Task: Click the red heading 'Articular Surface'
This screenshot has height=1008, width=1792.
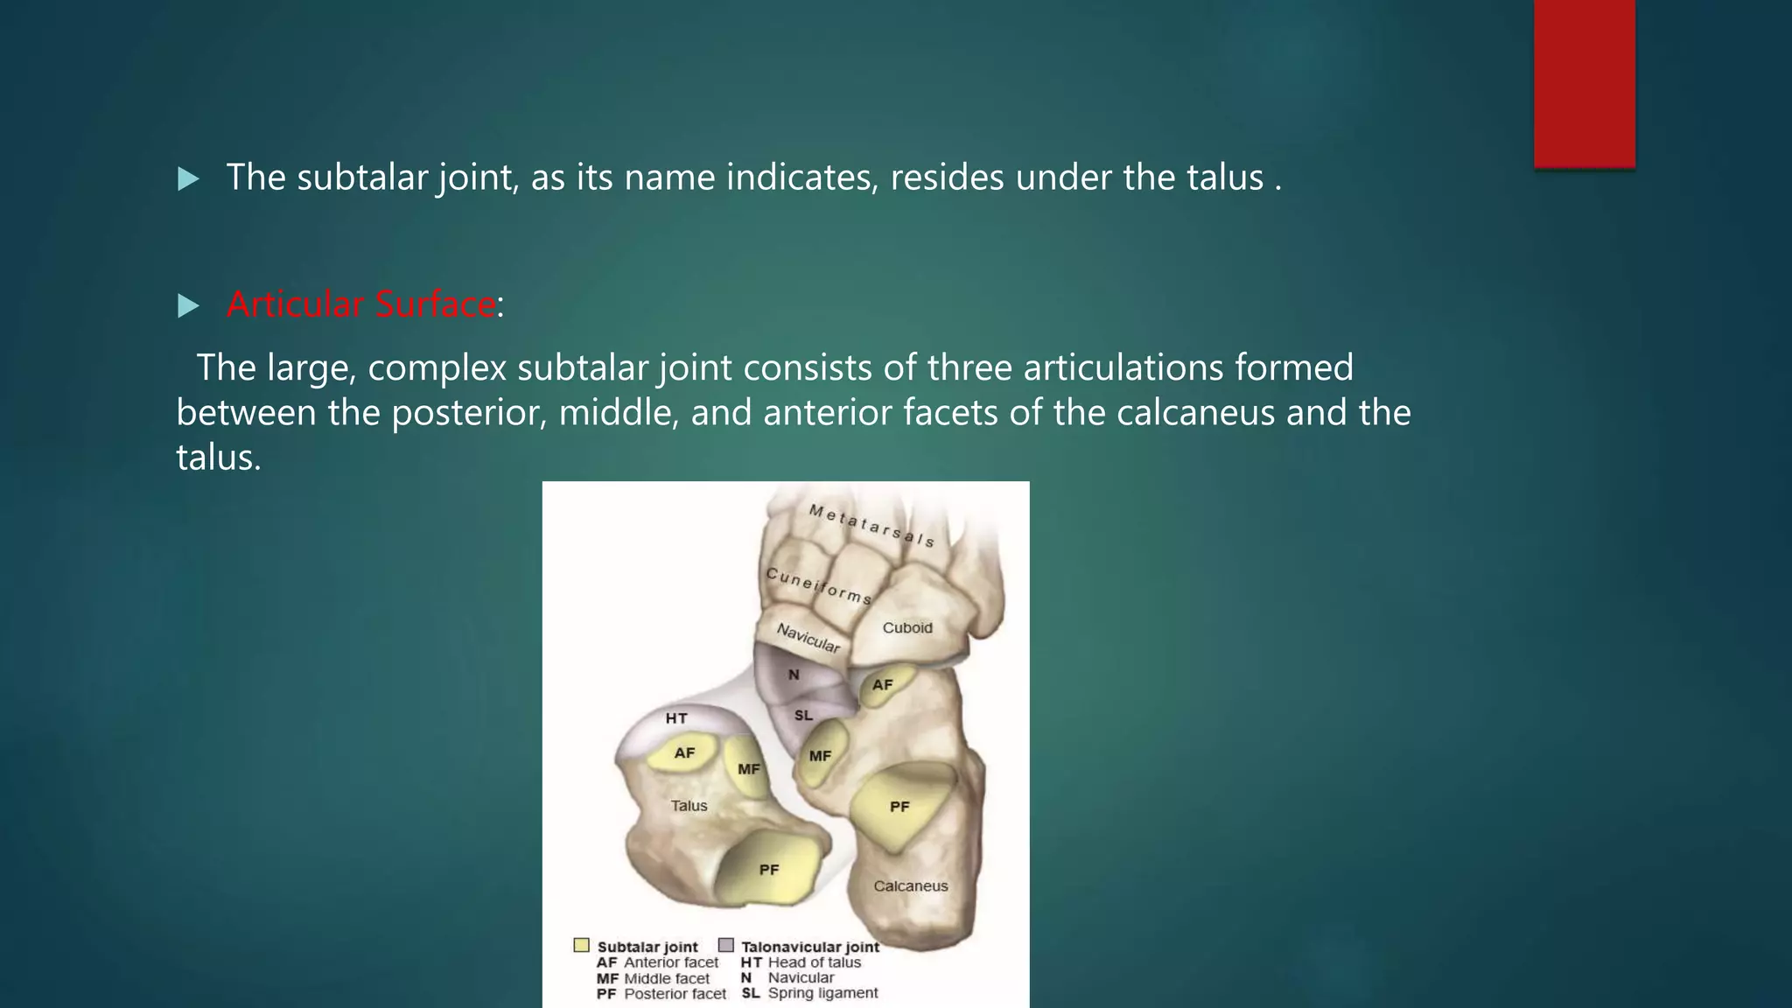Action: point(360,304)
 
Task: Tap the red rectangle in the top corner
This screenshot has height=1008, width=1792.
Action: point(1584,83)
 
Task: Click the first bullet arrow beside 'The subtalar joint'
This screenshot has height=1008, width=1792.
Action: point(188,179)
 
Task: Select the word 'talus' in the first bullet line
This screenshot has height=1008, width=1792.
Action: point(1225,178)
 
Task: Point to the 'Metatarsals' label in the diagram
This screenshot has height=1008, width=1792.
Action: point(871,525)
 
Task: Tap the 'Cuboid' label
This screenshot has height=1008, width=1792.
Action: point(907,627)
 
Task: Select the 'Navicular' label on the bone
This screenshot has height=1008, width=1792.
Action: point(808,639)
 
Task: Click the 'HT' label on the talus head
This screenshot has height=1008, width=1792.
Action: point(676,718)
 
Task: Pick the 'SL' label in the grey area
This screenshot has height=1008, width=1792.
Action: point(803,715)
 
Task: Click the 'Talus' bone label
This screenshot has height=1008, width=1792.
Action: point(689,806)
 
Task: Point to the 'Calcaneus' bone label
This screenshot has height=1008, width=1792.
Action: point(910,885)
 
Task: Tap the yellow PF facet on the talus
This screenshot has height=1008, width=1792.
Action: point(768,869)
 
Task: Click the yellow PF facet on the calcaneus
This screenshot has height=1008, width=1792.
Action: point(899,807)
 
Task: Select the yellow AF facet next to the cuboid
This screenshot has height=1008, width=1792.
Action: point(884,684)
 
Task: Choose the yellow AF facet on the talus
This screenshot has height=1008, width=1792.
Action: point(684,752)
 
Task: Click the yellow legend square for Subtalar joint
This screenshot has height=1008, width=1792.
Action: point(581,945)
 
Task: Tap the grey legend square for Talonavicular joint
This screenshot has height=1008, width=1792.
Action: point(725,945)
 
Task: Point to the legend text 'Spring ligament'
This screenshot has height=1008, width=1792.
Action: point(822,993)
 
